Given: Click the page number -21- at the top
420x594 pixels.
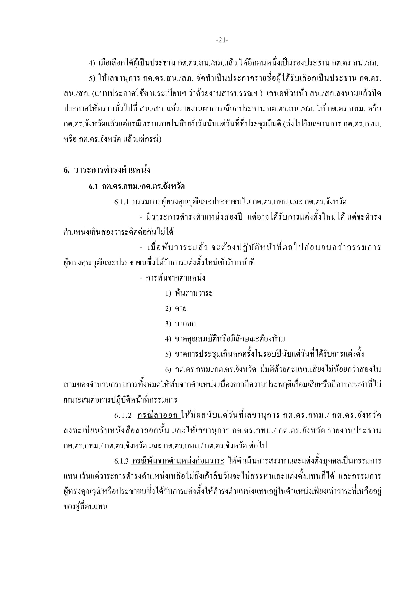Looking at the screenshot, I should click(222, 40).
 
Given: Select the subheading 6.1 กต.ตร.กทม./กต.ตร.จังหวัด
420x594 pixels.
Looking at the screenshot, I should click(137, 186).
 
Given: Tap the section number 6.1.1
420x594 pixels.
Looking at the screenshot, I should click(121, 202).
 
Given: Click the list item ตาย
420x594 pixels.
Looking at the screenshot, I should click(181, 308).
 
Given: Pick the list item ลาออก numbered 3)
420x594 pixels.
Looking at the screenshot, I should click(185, 324).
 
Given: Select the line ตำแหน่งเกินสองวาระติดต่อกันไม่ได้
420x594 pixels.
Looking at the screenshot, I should click(118, 232).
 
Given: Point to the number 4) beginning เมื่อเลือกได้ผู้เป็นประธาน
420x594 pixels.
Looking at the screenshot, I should click(92, 63).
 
